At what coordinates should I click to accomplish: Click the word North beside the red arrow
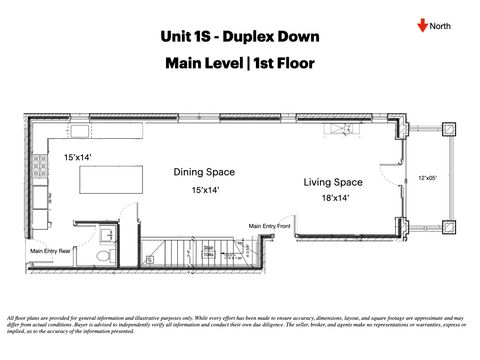(442, 26)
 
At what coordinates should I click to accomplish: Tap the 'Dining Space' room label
(205, 172)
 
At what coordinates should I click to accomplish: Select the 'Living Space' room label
(333, 182)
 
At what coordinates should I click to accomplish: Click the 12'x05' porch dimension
(428, 179)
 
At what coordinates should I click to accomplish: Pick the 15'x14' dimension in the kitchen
(78, 158)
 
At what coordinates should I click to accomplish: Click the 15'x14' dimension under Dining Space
(205, 189)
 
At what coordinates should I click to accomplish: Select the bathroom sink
(106, 235)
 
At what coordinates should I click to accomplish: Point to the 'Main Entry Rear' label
(50, 250)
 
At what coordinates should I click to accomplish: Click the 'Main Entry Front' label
(269, 225)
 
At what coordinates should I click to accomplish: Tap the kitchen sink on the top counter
(80, 130)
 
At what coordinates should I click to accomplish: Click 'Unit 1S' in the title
(190, 37)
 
